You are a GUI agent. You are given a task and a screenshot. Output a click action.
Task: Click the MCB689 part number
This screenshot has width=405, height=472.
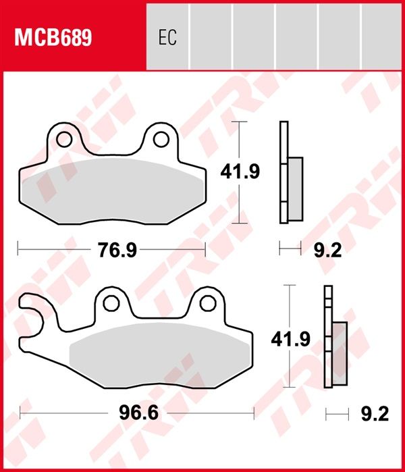(x=53, y=38)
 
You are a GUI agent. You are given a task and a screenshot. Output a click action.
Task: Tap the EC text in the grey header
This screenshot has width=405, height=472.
(x=167, y=37)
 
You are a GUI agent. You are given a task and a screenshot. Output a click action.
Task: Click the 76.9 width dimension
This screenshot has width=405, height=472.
(x=117, y=250)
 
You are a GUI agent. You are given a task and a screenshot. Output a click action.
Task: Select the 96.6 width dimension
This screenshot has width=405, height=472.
(x=138, y=413)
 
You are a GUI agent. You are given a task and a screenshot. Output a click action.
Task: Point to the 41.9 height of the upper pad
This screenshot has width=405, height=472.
(x=240, y=172)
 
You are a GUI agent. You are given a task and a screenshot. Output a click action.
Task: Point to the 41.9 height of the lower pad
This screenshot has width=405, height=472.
(x=290, y=339)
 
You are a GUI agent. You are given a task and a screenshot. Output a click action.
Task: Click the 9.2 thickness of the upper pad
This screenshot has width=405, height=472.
(x=327, y=250)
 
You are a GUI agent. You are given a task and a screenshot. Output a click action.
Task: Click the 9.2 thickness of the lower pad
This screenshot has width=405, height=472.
(x=375, y=413)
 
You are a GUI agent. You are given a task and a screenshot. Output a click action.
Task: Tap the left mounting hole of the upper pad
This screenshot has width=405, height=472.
(x=64, y=139)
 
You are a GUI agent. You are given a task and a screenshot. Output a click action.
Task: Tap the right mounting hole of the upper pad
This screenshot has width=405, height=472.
(x=161, y=139)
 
